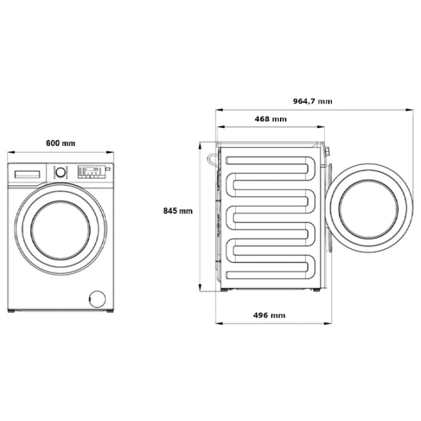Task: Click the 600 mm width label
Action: [60, 143]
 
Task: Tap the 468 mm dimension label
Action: [270, 119]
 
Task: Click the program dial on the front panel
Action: [60, 172]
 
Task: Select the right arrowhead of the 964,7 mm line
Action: [409, 109]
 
